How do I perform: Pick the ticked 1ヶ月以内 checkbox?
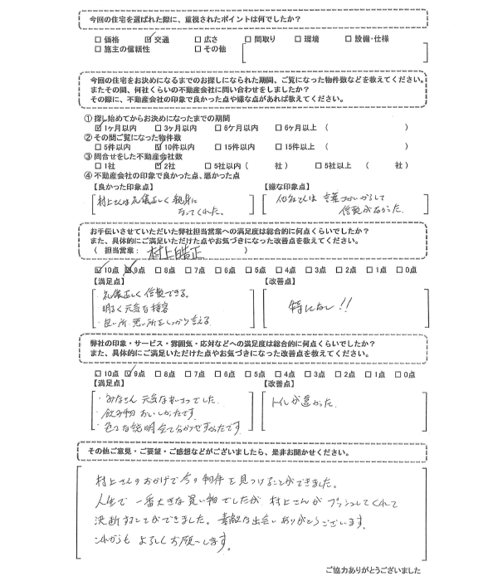click(x=100, y=129)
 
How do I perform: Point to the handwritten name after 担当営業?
click(x=172, y=250)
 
